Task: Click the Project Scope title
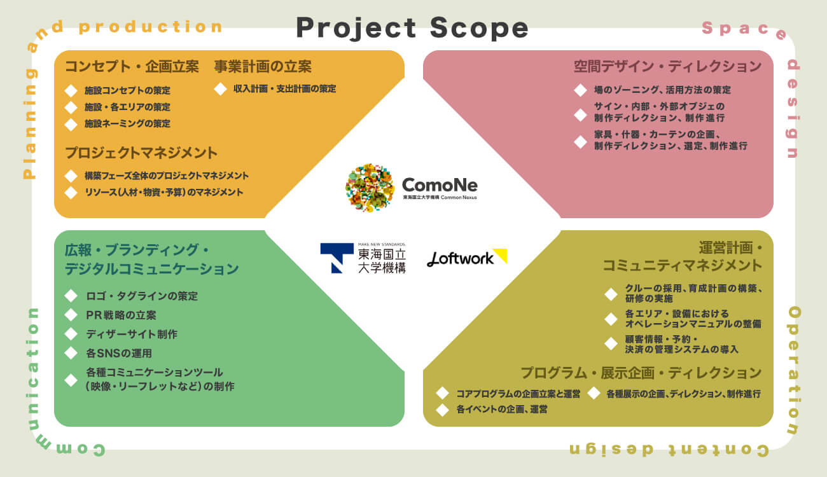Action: [412, 28]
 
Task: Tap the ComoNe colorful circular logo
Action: [370, 188]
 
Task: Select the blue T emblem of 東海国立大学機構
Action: [337, 258]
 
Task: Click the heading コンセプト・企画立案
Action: [132, 67]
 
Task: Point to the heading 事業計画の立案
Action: [263, 67]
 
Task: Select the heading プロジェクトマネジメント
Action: [141, 153]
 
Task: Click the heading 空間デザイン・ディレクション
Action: [667, 67]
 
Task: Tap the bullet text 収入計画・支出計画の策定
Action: [284, 89]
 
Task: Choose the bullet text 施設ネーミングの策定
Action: [127, 123]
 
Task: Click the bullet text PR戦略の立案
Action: [121, 315]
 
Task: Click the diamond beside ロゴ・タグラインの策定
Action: [71, 296]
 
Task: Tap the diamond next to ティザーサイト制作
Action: [71, 334]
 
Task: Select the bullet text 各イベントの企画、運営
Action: [502, 410]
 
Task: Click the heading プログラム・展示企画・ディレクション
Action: [641, 373]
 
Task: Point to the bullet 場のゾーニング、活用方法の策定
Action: [662, 90]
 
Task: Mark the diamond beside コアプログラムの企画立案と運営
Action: [442, 394]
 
